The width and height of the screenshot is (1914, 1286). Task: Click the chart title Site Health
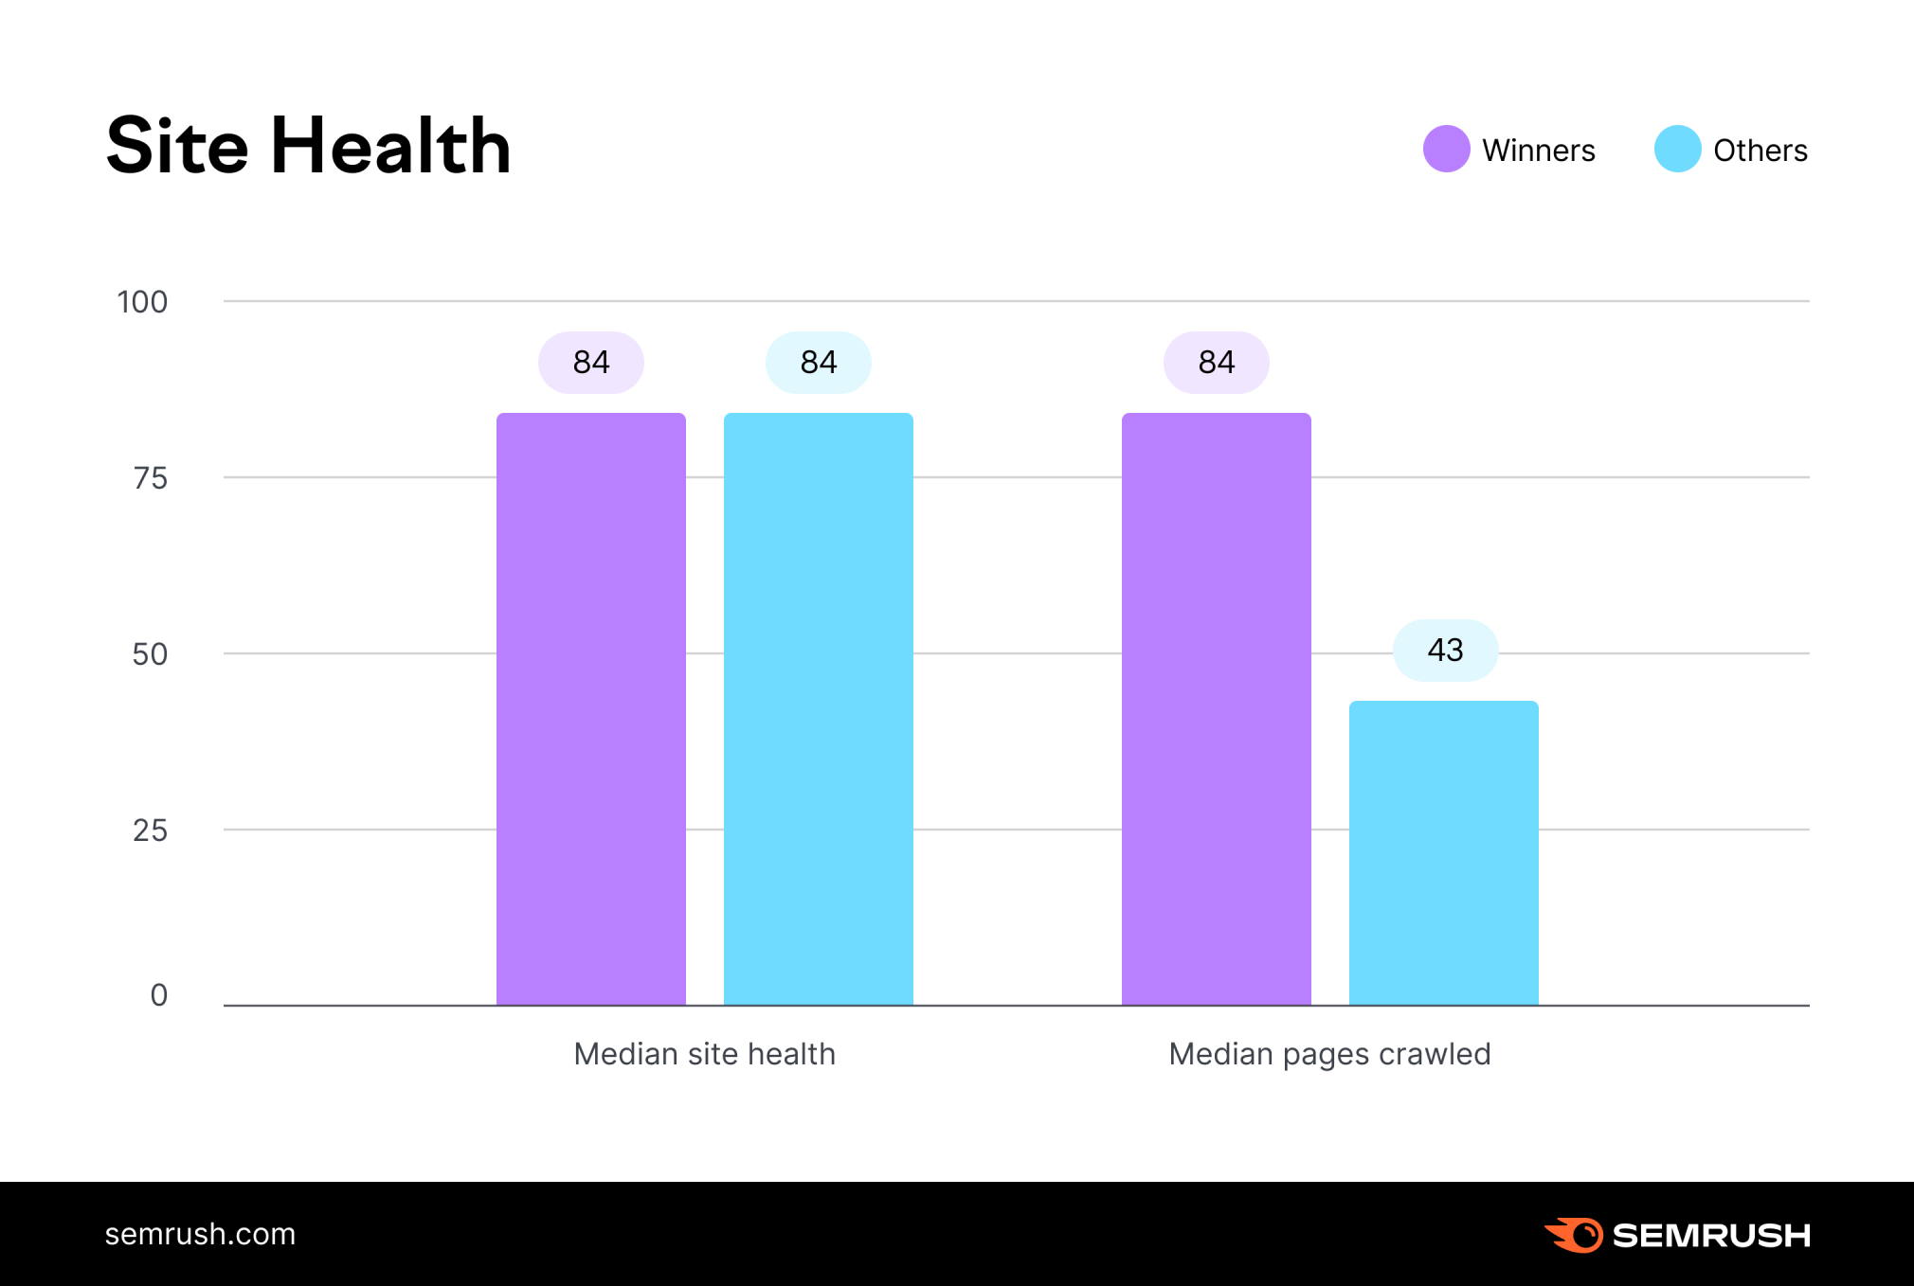click(308, 146)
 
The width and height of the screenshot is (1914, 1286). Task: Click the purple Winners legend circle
click(1446, 149)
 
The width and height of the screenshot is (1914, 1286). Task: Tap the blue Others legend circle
click(1677, 149)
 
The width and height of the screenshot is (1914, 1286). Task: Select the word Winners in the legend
click(1538, 151)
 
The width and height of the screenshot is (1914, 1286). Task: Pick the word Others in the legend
click(1760, 151)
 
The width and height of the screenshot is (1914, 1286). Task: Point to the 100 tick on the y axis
click(142, 302)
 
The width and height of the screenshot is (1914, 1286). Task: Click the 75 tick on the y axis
click(150, 478)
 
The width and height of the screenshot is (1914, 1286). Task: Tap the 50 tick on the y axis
click(150, 654)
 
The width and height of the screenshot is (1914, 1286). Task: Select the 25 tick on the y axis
click(150, 831)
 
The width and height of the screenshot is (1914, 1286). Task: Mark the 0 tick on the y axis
click(158, 994)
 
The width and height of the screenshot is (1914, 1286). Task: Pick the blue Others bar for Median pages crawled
click(1443, 852)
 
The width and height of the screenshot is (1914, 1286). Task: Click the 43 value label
click(1445, 651)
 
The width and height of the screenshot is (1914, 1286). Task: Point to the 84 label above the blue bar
click(818, 363)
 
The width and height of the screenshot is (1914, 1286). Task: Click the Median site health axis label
click(704, 1054)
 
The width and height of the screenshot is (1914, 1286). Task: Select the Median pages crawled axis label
click(1329, 1054)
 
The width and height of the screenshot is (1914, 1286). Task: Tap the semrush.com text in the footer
click(200, 1234)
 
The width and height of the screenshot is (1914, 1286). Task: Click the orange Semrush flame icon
click(1575, 1235)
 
